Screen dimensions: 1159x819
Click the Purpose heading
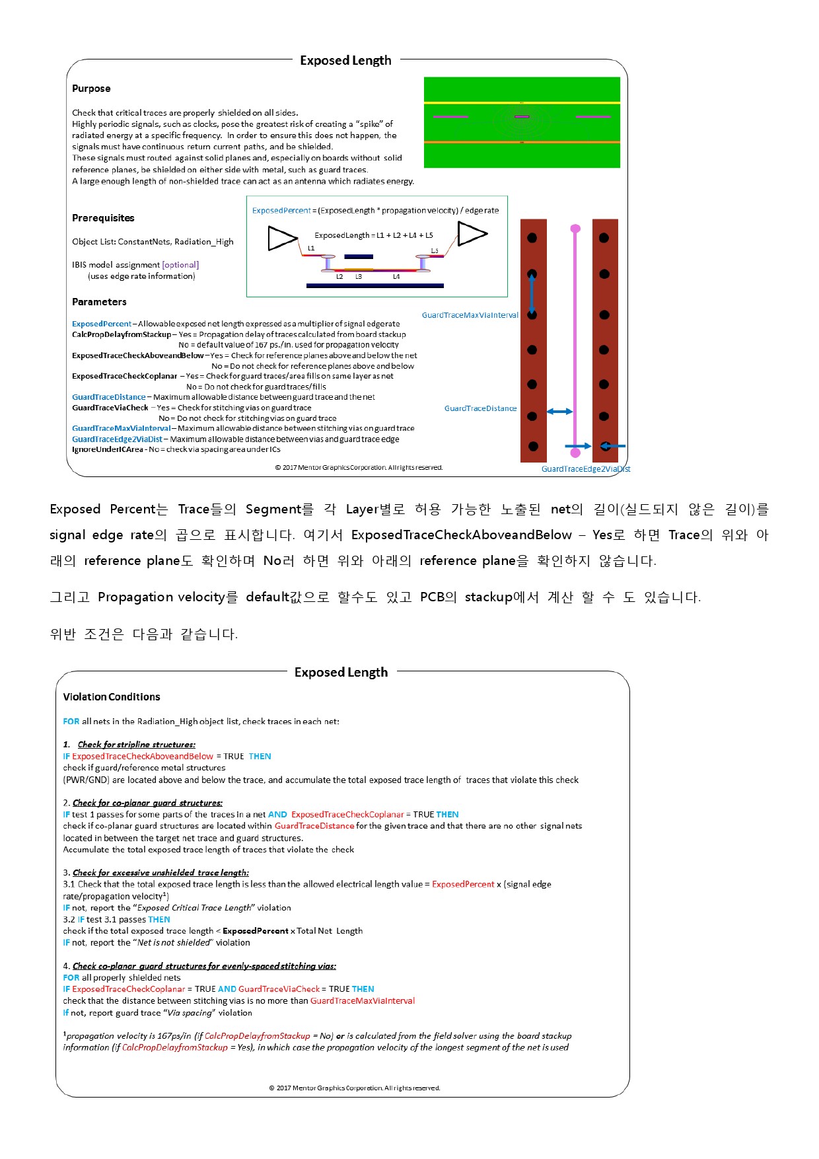point(91,89)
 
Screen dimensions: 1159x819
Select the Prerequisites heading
point(103,218)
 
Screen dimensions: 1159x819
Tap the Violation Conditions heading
point(112,697)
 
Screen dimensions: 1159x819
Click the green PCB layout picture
point(522,122)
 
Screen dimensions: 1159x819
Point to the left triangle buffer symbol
point(282,238)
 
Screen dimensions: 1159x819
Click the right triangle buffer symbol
point(472,233)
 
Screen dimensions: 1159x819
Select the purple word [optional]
point(180,265)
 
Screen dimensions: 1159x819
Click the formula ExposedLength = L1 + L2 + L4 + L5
point(374,235)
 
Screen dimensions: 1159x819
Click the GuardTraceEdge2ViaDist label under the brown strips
point(586,469)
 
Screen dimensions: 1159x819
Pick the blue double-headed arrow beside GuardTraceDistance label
point(559,412)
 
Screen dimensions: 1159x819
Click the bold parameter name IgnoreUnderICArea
point(107,449)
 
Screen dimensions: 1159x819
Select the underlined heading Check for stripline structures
point(137,745)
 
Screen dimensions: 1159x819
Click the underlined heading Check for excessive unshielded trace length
point(160,873)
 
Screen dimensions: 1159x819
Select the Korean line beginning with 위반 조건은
point(144,634)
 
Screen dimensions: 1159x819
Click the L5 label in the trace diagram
point(435,251)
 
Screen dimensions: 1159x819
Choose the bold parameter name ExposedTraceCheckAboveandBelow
point(138,355)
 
